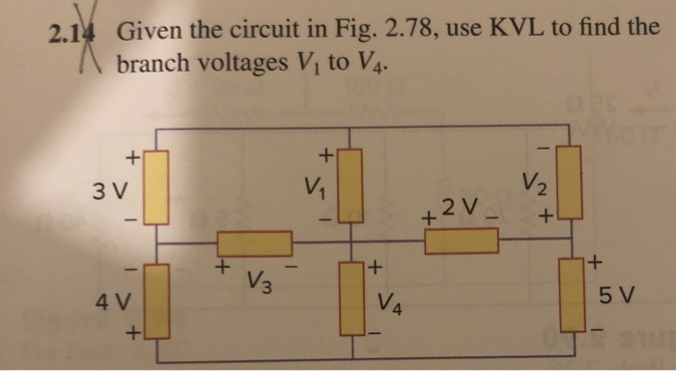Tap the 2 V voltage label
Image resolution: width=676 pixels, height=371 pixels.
tap(459, 207)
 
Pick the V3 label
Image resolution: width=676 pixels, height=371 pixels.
tap(258, 283)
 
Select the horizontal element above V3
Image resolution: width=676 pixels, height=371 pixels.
tap(254, 243)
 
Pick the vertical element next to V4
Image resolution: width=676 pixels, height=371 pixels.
tap(351, 297)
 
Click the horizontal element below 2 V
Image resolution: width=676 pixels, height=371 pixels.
tap(455, 241)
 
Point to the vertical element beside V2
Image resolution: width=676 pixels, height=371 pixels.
tap(569, 183)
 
